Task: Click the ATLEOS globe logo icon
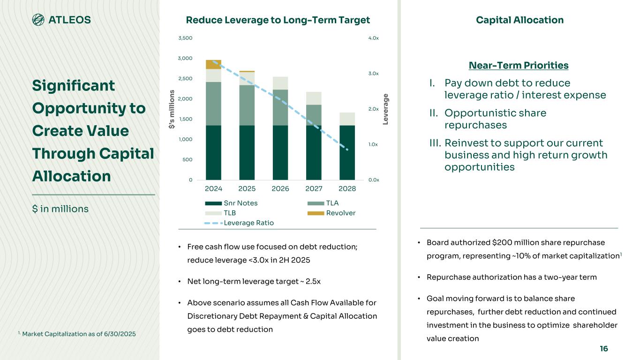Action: coord(38,20)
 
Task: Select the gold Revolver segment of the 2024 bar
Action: coord(213,64)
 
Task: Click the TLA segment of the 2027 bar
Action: coord(314,115)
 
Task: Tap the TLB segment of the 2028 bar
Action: coord(347,119)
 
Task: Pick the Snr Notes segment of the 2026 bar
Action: coord(280,152)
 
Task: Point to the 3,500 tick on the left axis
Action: coord(187,38)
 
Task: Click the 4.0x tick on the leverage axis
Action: coord(374,38)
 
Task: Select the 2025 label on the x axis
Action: coord(247,188)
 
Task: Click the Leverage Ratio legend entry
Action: coord(248,223)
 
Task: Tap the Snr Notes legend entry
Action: coord(241,203)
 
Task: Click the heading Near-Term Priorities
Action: coord(519,65)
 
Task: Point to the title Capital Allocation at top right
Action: coord(520,20)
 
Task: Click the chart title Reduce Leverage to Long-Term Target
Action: coord(278,20)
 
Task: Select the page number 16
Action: coord(603,349)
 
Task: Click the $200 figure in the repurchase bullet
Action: coord(501,242)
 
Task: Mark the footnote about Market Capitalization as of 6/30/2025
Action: coord(77,334)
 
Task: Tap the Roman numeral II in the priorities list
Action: coord(434,113)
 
